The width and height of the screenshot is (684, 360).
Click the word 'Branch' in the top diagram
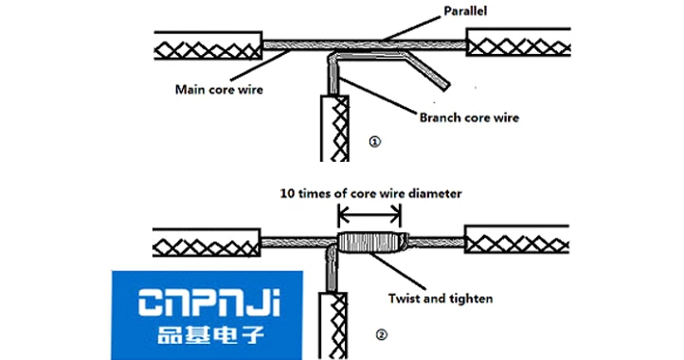pos(442,119)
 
